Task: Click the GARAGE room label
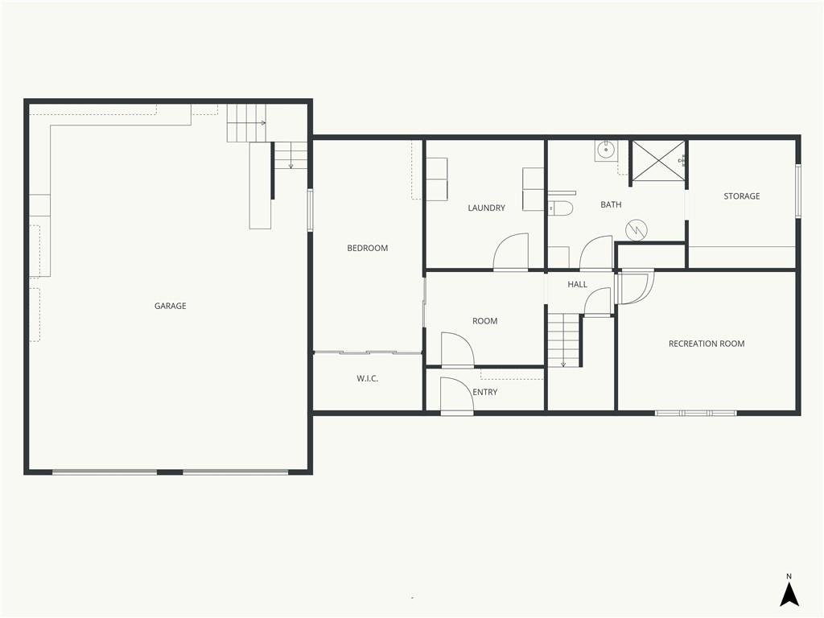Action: pos(171,306)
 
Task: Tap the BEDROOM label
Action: pos(367,248)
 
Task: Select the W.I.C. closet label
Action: pos(367,378)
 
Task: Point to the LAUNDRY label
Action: pos(487,208)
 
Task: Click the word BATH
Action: pos(612,205)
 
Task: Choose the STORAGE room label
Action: pos(741,196)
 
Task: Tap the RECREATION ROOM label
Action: pos(707,344)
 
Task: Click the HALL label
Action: pos(577,285)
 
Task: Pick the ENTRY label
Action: pos(484,392)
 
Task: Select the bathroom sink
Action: pos(607,150)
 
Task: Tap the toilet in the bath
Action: pos(560,208)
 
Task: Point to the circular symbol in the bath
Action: pos(637,229)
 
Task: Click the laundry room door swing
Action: pos(510,252)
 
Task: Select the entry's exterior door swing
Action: pos(457,395)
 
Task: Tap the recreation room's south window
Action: pos(696,413)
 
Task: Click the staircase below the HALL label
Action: pos(563,340)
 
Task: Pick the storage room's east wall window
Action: pos(797,191)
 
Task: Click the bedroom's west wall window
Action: pos(310,210)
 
